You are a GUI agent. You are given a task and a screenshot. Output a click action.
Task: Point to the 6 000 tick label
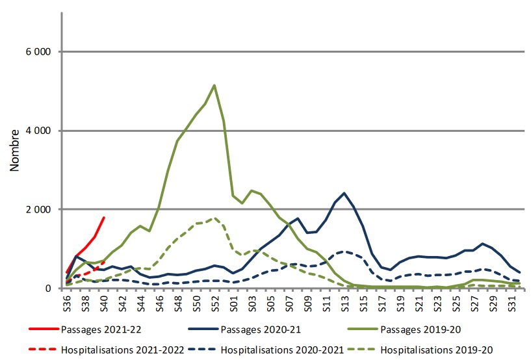point(38,52)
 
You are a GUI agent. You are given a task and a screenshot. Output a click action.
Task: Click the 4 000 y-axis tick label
point(38,131)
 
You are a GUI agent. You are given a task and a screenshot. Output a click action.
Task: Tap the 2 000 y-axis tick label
point(38,210)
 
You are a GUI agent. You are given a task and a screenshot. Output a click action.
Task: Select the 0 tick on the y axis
point(49,289)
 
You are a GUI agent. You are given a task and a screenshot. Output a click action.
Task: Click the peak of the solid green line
point(214,85)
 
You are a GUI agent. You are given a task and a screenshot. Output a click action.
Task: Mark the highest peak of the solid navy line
point(344,193)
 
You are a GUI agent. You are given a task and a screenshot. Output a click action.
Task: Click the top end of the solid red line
point(104,218)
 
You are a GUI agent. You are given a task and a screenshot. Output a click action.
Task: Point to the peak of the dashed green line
point(214,218)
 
